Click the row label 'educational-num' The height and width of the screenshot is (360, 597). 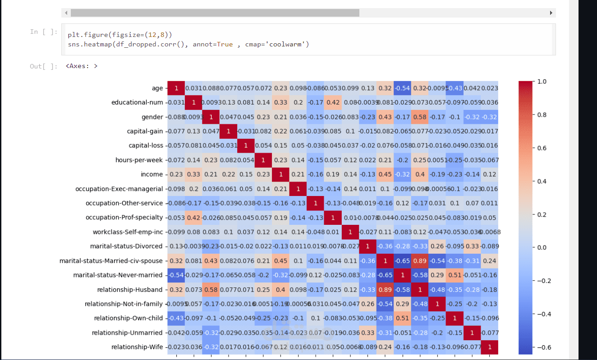tap(137, 103)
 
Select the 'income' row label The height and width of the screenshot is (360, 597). tap(152, 174)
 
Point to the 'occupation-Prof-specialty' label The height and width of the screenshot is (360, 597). tap(124, 218)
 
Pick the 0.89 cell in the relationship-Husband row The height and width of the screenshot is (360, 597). tap(385, 289)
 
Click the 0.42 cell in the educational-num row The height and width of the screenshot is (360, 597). tap(333, 103)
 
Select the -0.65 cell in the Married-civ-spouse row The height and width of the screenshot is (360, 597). tap(402, 260)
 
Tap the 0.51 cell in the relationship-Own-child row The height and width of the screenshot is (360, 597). tap(402, 318)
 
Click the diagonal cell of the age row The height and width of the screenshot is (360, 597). tap(176, 88)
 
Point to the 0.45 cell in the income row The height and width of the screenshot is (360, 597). tap(385, 174)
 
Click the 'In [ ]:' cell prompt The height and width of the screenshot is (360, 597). tap(44, 32)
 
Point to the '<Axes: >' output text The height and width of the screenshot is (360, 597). tap(82, 66)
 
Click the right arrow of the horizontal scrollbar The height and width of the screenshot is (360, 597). tap(551, 13)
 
